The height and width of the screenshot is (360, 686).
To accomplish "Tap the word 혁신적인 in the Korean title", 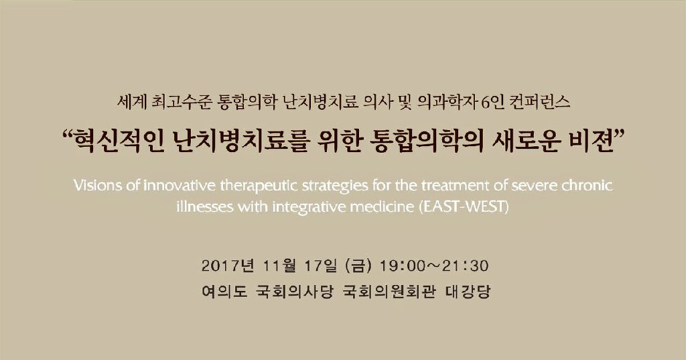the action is tap(119, 141).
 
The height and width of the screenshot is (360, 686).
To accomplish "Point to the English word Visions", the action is tap(98, 186).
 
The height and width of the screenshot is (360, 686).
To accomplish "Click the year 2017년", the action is tap(228, 266).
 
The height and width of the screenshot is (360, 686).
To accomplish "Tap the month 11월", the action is tap(281, 266).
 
